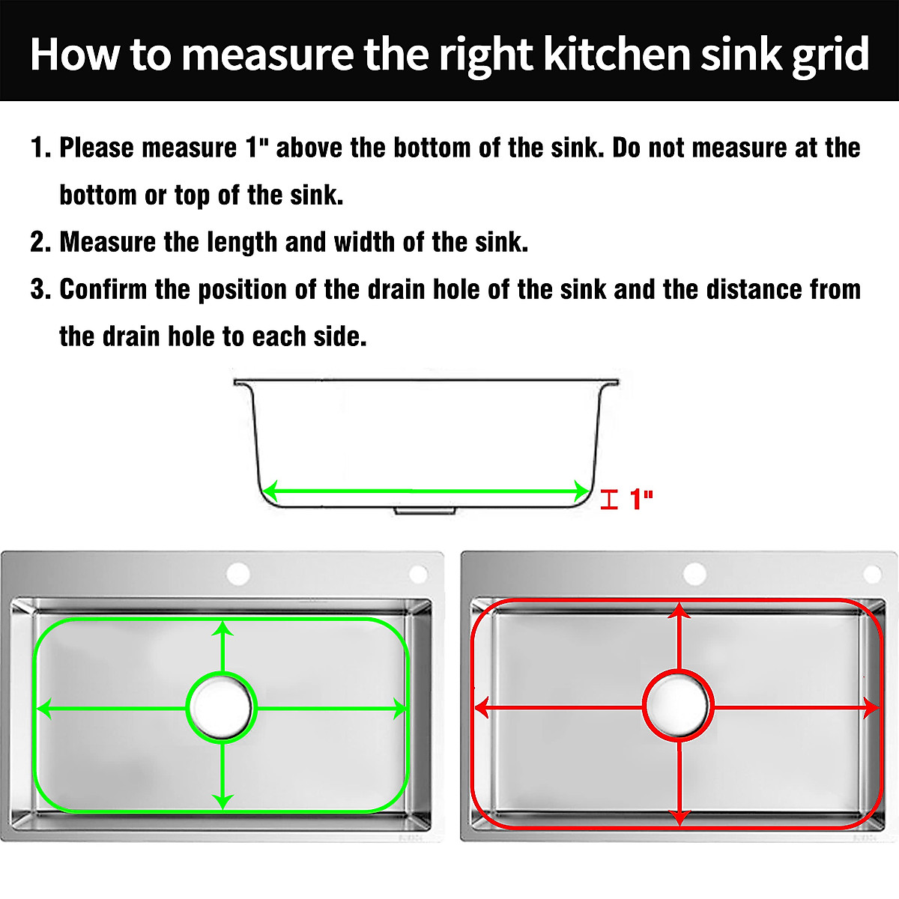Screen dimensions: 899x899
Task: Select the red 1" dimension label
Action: pos(641,499)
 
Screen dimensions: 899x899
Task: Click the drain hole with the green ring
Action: pos(221,707)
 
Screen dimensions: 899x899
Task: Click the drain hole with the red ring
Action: pos(678,706)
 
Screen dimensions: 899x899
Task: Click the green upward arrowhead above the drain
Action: pos(223,628)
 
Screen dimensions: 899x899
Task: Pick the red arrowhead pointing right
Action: pos(871,706)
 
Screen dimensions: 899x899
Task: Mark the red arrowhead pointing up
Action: pos(679,611)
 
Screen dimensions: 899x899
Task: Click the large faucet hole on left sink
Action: pos(238,575)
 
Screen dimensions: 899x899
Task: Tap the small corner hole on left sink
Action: pos(417,575)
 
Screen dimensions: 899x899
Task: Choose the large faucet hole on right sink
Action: pos(694,574)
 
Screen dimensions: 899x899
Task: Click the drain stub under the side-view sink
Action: pos(425,510)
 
